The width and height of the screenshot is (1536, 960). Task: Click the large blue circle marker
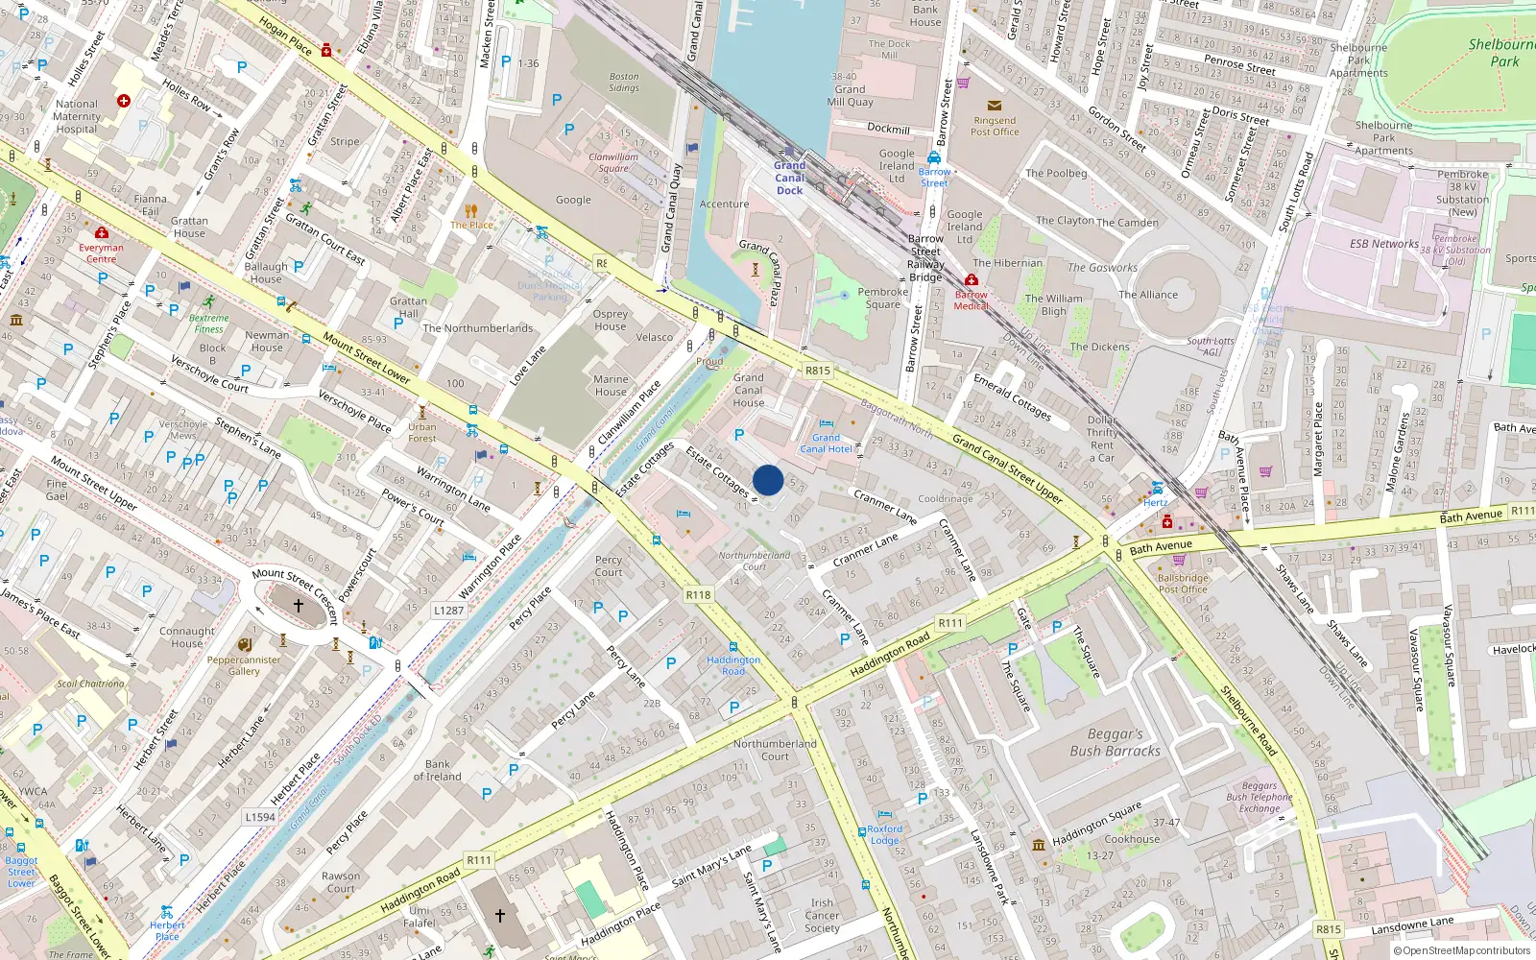(768, 480)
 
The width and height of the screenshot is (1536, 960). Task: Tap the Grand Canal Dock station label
(790, 178)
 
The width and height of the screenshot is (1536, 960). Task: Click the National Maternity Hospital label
(76, 116)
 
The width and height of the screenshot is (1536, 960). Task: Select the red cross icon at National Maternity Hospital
(123, 100)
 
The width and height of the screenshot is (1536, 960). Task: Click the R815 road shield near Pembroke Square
(817, 371)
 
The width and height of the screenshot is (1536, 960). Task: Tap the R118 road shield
(698, 595)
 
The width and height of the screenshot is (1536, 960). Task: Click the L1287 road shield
(448, 610)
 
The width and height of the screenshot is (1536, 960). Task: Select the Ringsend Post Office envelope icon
(994, 106)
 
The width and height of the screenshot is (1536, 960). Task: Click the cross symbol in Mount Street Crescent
(299, 606)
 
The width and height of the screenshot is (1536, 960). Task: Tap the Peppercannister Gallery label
(244, 665)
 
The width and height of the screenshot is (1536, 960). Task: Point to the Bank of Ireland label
(437, 771)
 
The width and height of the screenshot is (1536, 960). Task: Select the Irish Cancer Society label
(822, 915)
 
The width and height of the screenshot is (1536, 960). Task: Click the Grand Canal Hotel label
(826, 443)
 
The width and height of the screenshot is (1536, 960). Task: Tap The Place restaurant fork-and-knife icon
(470, 211)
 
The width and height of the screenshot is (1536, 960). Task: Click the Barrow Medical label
(971, 300)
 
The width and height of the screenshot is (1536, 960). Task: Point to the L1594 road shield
(259, 817)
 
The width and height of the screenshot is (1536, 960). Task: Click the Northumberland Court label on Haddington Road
(775, 750)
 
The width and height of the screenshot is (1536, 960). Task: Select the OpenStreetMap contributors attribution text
(1462, 950)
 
